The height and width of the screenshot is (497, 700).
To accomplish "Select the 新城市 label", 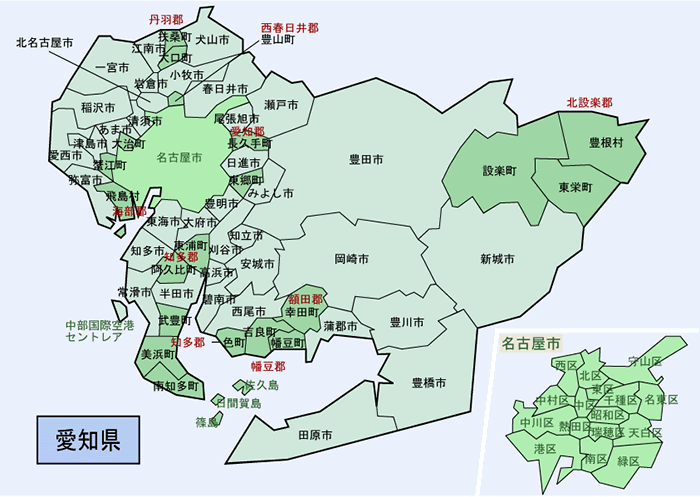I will (497, 259).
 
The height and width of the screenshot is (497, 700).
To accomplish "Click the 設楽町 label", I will (499, 170).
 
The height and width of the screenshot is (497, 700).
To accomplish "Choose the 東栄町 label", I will (576, 187).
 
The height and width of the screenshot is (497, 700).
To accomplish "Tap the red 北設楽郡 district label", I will (589, 102).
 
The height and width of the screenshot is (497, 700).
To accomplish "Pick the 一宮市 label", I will (112, 68).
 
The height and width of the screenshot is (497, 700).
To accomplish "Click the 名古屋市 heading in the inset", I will (533, 344).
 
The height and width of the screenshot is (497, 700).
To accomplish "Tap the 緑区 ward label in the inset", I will (628, 461).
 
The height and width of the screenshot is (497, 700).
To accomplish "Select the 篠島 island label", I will (207, 422).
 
